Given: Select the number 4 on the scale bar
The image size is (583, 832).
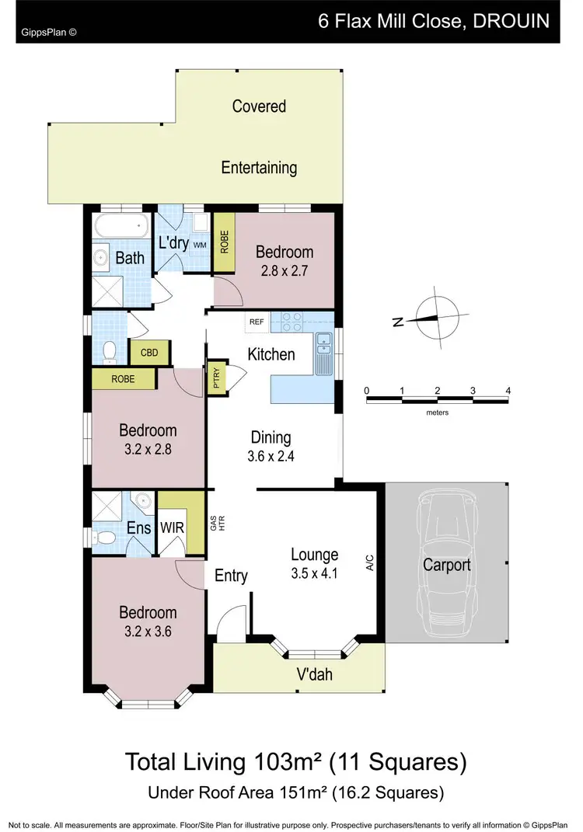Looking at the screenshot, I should tap(508, 390).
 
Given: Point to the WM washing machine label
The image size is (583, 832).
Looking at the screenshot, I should tap(199, 245).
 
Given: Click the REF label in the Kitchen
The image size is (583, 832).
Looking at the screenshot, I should tap(255, 320).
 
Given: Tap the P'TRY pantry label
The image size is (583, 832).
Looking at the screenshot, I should tap(215, 379).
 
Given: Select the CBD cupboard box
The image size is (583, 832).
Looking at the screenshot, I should tap(149, 353).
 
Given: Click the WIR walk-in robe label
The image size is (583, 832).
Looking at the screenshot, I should tap(172, 527).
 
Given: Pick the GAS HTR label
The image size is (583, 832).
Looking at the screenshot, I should tap(215, 524).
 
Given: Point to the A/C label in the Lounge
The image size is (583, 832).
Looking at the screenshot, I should tap(370, 562).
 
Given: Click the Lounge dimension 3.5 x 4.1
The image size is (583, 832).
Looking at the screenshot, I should tap(314, 576).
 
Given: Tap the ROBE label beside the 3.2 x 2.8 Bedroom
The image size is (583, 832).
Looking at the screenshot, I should tap(123, 379).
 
